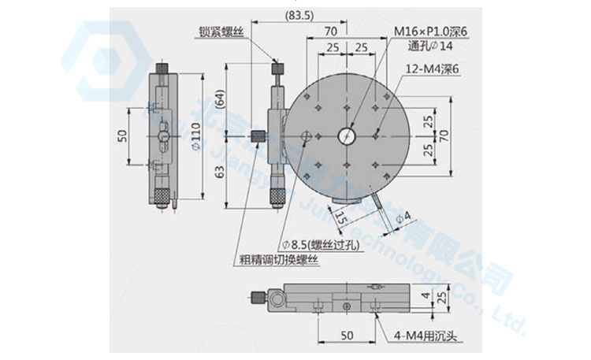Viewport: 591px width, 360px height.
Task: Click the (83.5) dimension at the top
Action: coord(304,15)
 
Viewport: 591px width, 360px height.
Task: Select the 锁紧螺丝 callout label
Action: coord(223,32)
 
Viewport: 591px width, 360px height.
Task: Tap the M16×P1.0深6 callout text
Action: coord(431,31)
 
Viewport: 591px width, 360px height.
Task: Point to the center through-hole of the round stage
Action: coord(346,136)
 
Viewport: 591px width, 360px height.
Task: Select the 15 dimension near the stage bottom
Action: coord(340,217)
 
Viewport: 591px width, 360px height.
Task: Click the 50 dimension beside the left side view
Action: coord(123,135)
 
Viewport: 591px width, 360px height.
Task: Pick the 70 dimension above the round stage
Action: coord(330,32)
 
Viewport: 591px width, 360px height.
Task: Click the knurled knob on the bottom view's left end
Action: coord(258,298)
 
